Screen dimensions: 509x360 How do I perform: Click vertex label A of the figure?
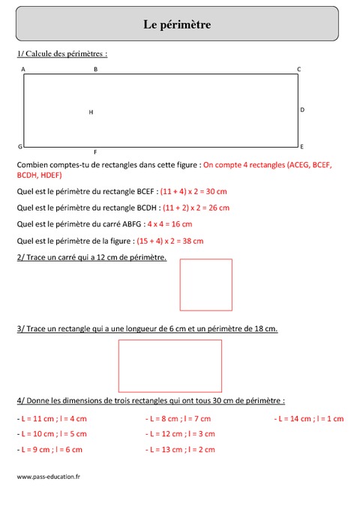pyautogui.click(x=23, y=70)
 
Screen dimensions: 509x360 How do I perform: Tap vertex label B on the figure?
pyautogui.click(x=95, y=70)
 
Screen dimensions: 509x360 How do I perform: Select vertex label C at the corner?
pyautogui.click(x=298, y=70)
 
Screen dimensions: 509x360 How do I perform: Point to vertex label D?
pyautogui.click(x=301, y=109)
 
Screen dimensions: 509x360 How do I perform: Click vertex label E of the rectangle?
pyautogui.click(x=301, y=146)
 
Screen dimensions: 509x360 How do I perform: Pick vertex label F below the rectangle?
pyautogui.click(x=95, y=151)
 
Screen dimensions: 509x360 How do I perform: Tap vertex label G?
pyautogui.click(x=20, y=146)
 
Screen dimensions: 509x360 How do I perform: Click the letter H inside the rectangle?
pyautogui.click(x=91, y=112)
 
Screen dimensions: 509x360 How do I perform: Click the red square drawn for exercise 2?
pyautogui.click(x=205, y=284)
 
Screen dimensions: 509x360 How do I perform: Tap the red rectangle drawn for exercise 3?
pyautogui.click(x=170, y=366)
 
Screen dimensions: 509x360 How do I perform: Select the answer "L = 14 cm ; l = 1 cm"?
pyautogui.click(x=309, y=418)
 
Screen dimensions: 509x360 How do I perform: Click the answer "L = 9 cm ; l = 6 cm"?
pyautogui.click(x=49, y=449)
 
